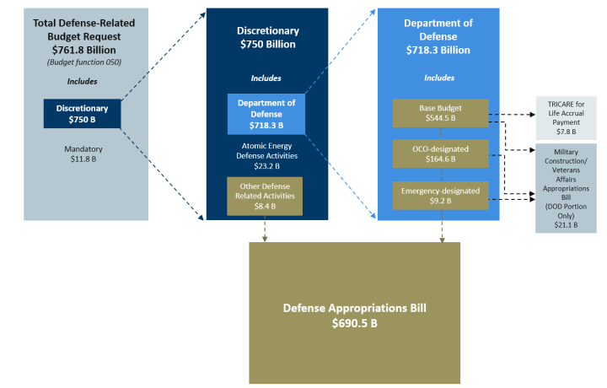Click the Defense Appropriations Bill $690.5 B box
pyautogui.click(x=354, y=312)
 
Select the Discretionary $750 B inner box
pyautogui.click(x=83, y=114)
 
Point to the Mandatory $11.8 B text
pyautogui.click(x=82, y=153)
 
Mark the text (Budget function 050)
pyautogui.click(x=83, y=62)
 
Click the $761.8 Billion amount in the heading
pyautogui.click(x=83, y=50)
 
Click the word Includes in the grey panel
pyautogui.click(x=83, y=82)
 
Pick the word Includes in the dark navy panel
pyautogui.click(x=267, y=78)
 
